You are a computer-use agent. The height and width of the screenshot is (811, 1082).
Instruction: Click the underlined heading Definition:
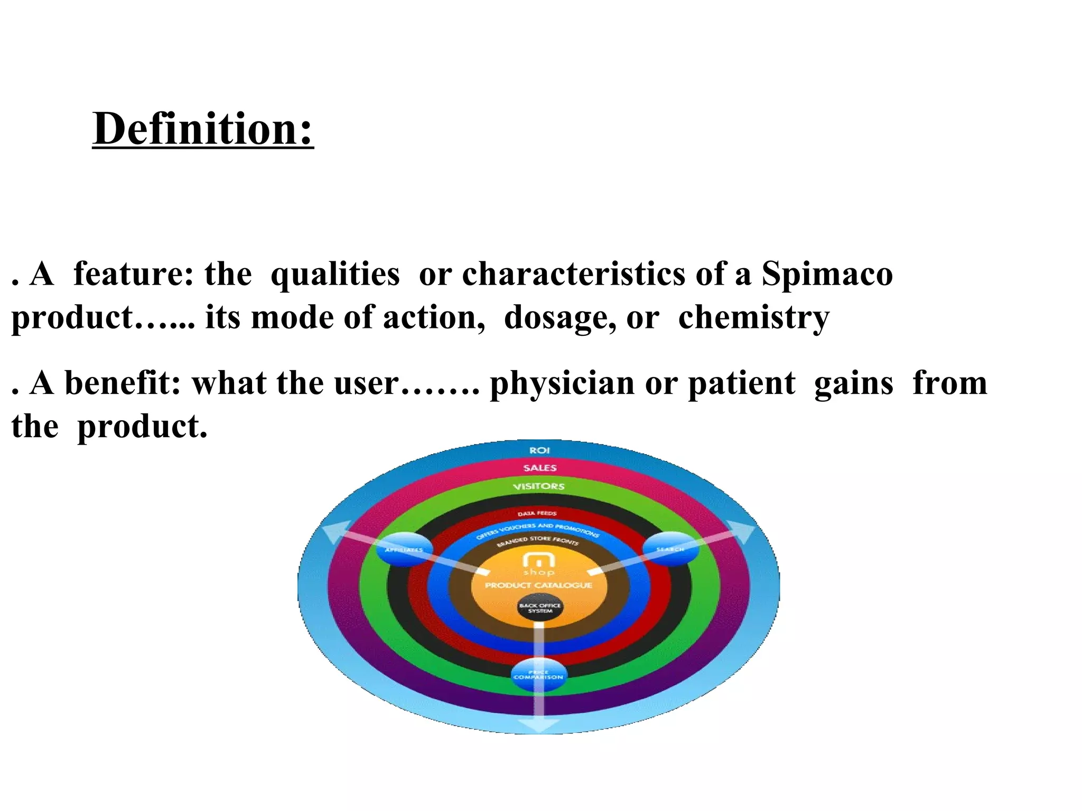(x=203, y=129)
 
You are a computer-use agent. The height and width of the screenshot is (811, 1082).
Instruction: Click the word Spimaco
(x=827, y=275)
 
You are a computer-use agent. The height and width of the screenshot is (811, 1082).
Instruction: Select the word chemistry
(x=754, y=318)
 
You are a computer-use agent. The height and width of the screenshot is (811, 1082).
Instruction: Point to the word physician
(x=562, y=384)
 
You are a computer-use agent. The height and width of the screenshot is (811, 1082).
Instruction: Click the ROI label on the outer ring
(x=539, y=450)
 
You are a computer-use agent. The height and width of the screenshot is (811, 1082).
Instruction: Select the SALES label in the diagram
(x=539, y=468)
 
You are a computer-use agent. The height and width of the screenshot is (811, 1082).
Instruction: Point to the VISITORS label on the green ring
(x=538, y=486)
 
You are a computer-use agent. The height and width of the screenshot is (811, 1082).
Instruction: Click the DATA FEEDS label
(x=537, y=513)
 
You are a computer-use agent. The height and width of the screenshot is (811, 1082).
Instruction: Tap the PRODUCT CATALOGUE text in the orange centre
(x=538, y=585)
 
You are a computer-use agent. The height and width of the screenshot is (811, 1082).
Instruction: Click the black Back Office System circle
(x=539, y=608)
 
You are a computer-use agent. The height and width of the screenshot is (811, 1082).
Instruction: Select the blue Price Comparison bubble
(x=538, y=675)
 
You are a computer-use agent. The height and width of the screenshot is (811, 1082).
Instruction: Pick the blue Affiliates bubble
(x=404, y=550)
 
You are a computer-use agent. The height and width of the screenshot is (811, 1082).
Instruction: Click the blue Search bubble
(x=670, y=550)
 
